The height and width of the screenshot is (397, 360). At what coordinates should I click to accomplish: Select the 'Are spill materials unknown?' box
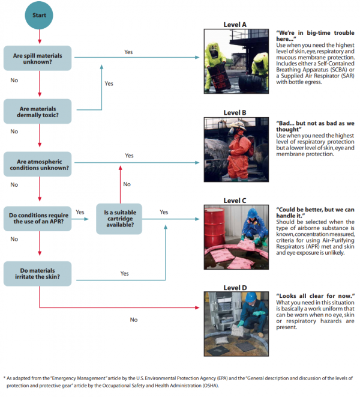click(x=40, y=57)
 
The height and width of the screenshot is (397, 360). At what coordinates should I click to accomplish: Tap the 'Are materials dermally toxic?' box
click(x=40, y=110)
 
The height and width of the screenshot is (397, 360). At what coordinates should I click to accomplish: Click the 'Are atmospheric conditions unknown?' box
click(x=40, y=163)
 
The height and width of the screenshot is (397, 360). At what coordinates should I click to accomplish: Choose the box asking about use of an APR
click(x=40, y=216)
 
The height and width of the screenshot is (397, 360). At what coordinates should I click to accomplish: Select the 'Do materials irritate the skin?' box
click(x=40, y=273)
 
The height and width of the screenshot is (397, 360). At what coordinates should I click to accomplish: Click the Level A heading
click(x=235, y=25)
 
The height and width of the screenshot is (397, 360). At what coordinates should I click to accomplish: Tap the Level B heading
click(x=235, y=112)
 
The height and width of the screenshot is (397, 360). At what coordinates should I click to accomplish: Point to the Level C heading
click(x=235, y=201)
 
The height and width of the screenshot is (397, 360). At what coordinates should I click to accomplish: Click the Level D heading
click(x=235, y=287)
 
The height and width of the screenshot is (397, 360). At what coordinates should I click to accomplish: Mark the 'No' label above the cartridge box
click(x=127, y=184)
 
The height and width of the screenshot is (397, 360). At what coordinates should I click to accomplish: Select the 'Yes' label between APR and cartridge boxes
click(x=80, y=212)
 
